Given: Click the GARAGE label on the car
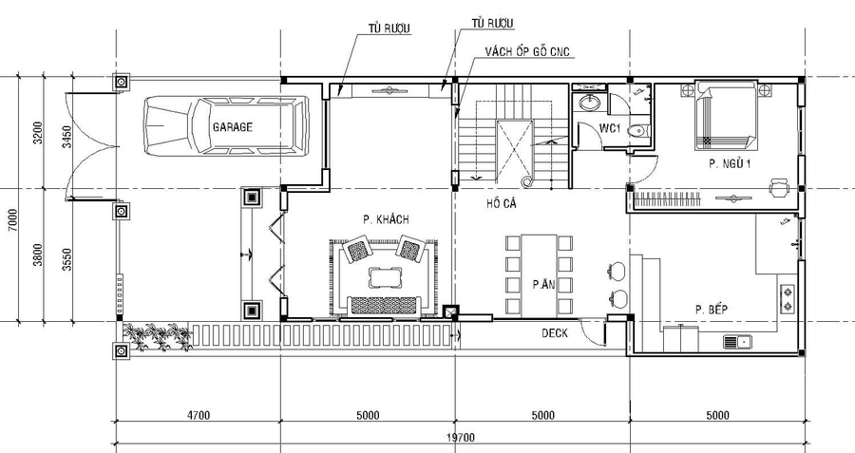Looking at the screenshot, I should tap(232, 125).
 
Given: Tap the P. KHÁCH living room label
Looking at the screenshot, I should tap(385, 219).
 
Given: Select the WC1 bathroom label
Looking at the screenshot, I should tap(610, 128).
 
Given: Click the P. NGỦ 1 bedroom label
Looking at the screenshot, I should tap(731, 164).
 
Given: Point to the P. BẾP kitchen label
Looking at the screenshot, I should tap(712, 310).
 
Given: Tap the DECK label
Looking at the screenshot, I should tap(555, 333).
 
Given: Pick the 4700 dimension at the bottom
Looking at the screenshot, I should tap(198, 415).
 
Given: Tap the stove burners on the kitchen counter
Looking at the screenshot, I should tap(787, 297).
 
